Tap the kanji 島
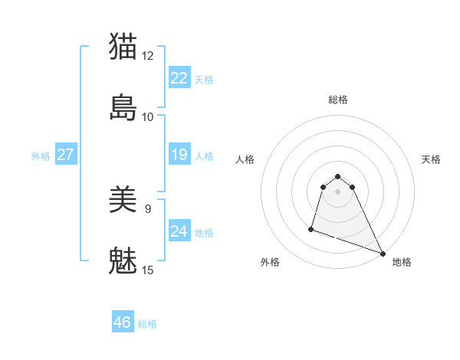coord(123,107)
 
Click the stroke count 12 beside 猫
coord(148,55)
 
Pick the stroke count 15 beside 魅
coord(148,270)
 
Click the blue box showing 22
coord(179,78)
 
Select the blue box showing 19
coord(179,155)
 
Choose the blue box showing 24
coord(179,231)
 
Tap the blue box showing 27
coord(65,155)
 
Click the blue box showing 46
coord(123,322)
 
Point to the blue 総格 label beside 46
coord(148,324)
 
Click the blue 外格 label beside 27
coord(41,156)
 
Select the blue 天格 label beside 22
coord(204,80)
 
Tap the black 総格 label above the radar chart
coord(338,100)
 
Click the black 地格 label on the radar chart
coord(402,262)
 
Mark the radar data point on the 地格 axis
coord(382,254)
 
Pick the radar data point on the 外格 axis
coord(311,228)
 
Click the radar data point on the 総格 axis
coord(338,172)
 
